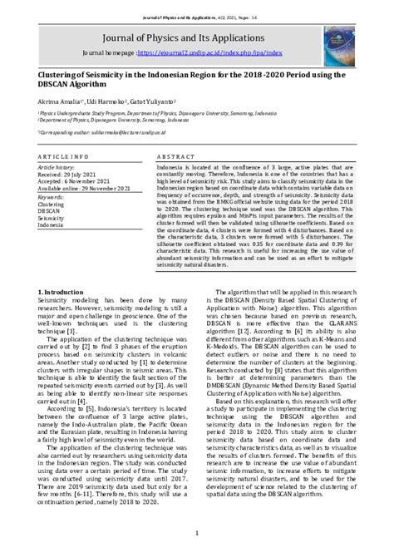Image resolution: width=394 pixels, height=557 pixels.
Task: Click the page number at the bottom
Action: point(196,533)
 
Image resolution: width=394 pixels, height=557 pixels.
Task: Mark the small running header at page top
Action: point(196,6)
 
